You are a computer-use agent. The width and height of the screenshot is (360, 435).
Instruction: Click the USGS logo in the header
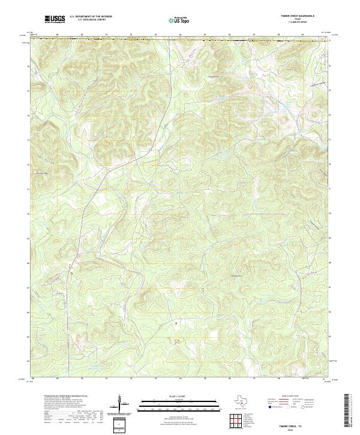click(55, 19)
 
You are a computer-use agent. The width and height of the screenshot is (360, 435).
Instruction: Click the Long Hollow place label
click(214, 76)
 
